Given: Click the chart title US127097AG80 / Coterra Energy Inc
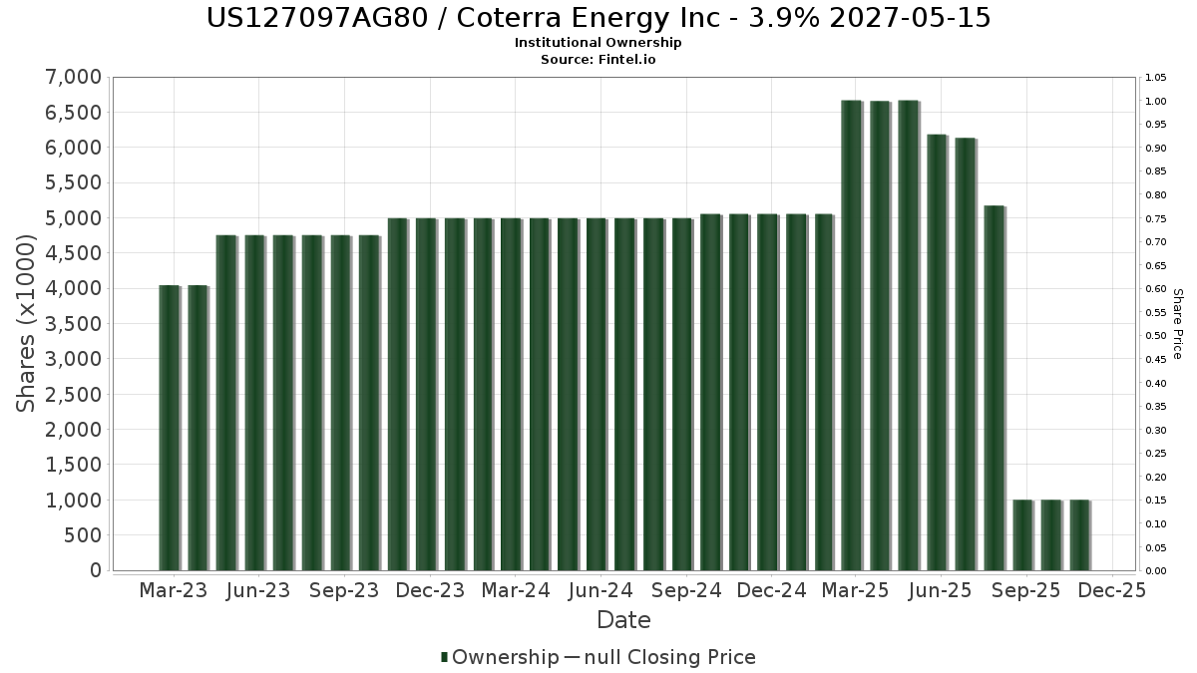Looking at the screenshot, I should click(x=598, y=18).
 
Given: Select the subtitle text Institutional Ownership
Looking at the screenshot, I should click(x=598, y=43).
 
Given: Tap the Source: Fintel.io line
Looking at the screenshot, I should click(x=598, y=59).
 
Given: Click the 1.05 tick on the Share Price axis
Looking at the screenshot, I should click(x=1156, y=78).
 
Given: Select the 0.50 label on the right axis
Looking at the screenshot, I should click(x=1156, y=336).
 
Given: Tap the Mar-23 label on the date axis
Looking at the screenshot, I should click(x=174, y=590).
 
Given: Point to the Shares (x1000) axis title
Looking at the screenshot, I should click(x=27, y=324).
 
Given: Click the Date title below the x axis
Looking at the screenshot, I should click(x=623, y=620).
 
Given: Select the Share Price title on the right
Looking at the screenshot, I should click(x=1177, y=324).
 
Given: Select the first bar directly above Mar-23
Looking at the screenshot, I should click(x=170, y=429).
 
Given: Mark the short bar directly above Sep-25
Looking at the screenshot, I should click(x=1022, y=535).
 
